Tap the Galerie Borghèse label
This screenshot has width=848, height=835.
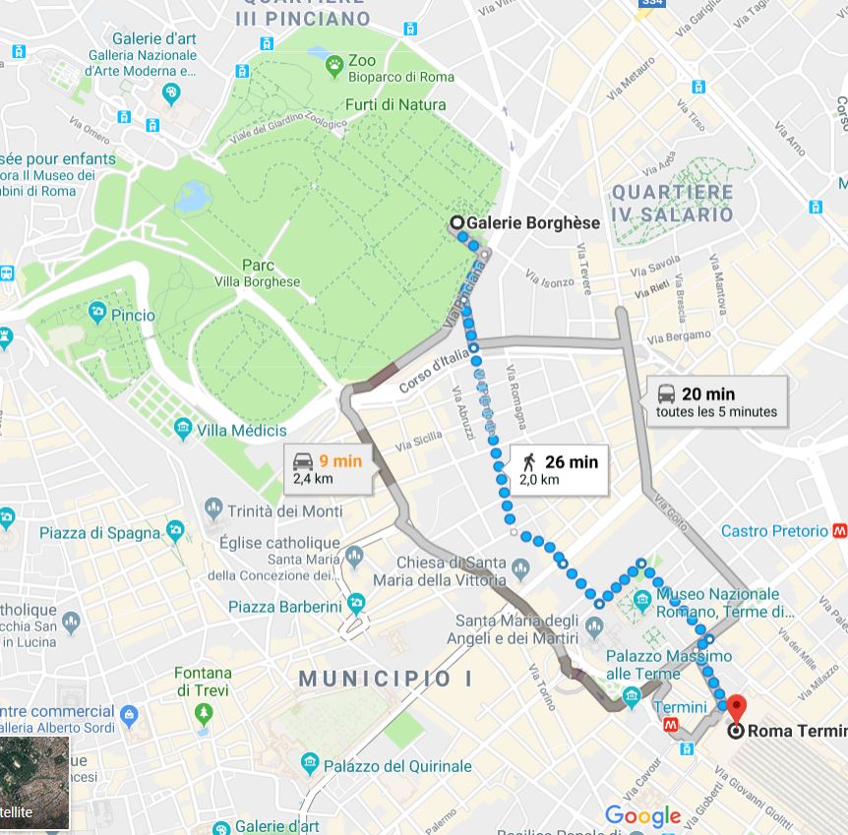532,223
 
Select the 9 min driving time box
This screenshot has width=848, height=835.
328,468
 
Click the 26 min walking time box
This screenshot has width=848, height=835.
558,470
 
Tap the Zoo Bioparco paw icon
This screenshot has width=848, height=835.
334,67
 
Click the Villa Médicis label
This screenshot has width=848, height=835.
241,430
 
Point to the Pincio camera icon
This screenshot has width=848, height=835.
97,314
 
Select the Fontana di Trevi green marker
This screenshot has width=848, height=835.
204,712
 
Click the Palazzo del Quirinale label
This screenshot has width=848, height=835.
398,765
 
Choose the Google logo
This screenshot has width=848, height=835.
642,815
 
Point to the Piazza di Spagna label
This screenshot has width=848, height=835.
99,533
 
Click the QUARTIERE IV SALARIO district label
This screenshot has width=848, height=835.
672,203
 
